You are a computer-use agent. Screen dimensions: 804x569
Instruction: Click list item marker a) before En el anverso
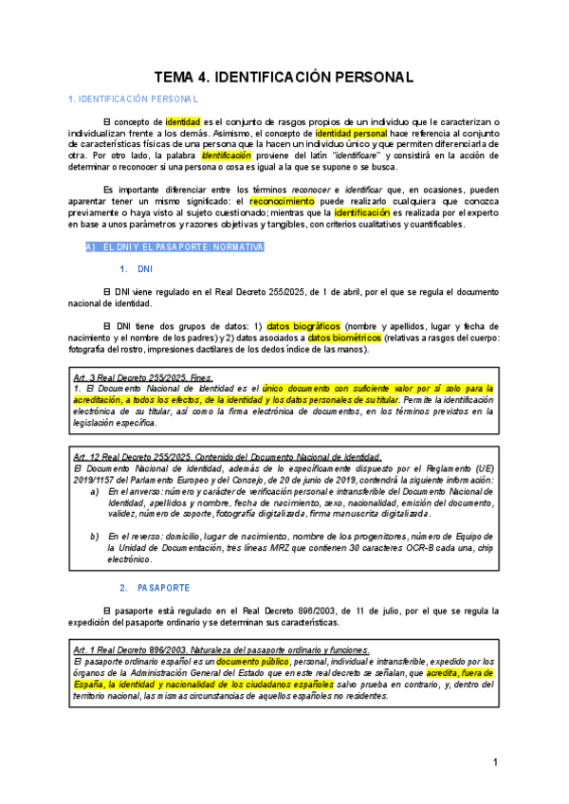94,492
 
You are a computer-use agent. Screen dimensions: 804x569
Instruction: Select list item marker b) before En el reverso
94,537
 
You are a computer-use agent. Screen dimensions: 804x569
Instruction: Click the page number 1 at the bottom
495,762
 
